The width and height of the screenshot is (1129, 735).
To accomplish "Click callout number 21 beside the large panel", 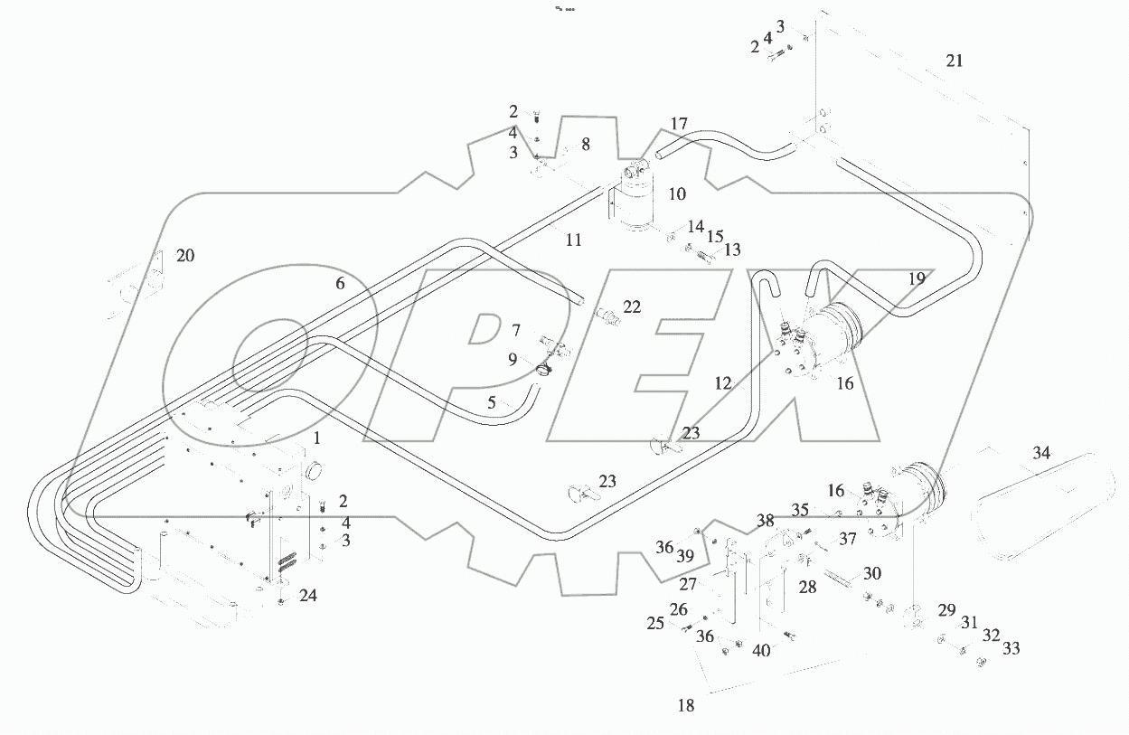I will (x=955, y=61).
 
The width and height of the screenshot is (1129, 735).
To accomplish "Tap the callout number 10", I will (x=677, y=193).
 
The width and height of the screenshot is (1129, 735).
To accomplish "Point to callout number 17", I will (x=679, y=123).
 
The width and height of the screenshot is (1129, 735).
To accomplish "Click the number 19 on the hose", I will (x=917, y=279).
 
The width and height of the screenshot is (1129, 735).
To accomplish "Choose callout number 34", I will (x=1042, y=453).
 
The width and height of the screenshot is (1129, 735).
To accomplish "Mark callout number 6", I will (x=340, y=283).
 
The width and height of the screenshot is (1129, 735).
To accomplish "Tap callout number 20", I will (x=184, y=256).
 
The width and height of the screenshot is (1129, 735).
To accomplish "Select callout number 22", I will (x=631, y=307).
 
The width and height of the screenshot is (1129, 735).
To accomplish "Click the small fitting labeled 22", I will (x=607, y=315).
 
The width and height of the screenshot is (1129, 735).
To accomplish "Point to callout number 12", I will (x=723, y=383).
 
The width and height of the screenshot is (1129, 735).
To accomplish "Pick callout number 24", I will (x=308, y=596).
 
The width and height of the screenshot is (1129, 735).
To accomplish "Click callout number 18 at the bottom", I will (x=686, y=706).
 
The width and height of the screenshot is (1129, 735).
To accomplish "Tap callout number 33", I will (x=1011, y=648).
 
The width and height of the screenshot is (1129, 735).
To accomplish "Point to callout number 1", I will (x=316, y=438).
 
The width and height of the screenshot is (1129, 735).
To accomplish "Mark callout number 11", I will (x=573, y=240).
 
